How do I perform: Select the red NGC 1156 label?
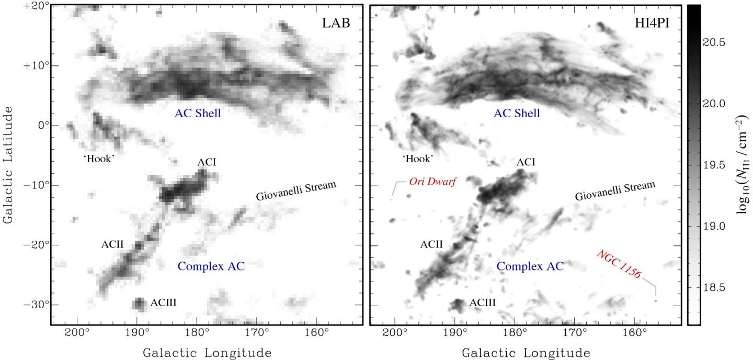tap(619, 264)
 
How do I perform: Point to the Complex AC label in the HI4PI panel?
tap(530, 266)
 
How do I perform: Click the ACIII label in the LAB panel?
tap(166, 302)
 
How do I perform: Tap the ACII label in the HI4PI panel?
tap(431, 244)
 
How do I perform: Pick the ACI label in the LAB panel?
tap(207, 162)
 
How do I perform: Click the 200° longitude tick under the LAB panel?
tap(77, 333)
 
